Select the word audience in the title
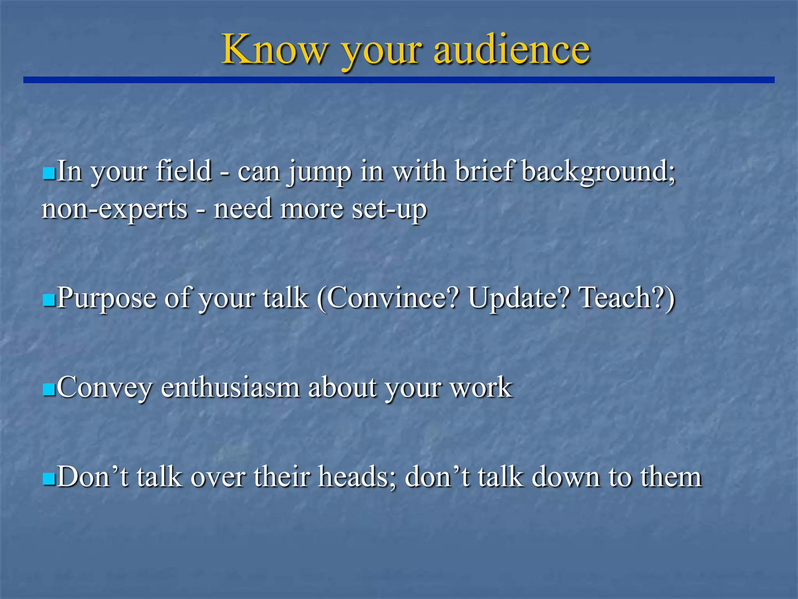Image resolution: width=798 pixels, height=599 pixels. [x=512, y=50]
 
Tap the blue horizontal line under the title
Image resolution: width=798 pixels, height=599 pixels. [x=399, y=80]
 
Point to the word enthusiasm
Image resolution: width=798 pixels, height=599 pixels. [x=230, y=388]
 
